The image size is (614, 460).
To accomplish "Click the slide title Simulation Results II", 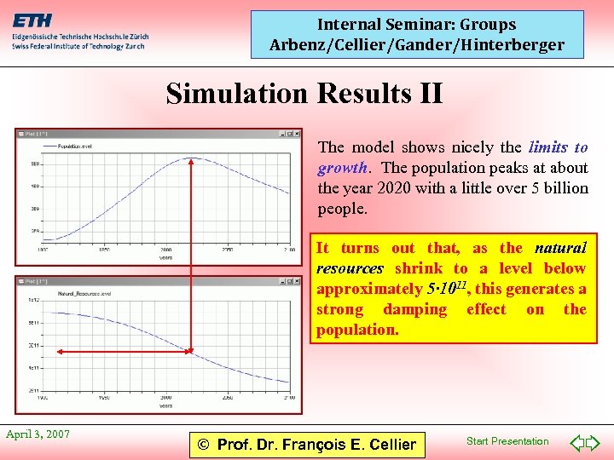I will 304,93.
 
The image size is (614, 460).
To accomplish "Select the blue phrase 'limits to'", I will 558,147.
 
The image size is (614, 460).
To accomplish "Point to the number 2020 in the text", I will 397,188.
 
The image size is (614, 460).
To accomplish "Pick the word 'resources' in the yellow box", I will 350,268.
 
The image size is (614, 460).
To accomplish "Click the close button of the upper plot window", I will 298,134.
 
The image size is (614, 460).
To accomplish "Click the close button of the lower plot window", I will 298,280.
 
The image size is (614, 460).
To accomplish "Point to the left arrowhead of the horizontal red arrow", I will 44,350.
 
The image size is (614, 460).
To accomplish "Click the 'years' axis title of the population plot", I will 165,255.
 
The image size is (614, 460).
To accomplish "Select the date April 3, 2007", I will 38,434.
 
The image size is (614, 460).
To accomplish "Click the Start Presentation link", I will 507,441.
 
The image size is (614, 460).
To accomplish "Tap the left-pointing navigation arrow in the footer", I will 576,442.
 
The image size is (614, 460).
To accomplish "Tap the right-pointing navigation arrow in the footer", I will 594,442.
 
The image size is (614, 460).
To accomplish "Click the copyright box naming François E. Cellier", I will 306,444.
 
